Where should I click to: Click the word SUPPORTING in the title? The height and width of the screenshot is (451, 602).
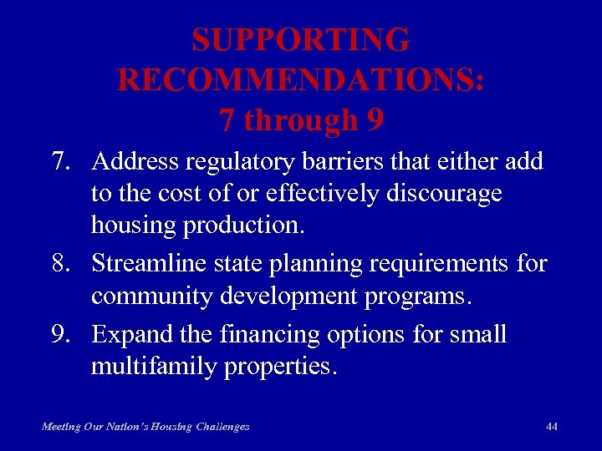pos(300,40)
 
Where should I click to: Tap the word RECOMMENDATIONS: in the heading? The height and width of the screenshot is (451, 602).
pos(300,80)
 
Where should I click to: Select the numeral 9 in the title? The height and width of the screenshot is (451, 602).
pos(375,121)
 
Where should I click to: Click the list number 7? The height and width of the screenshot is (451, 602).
pos(61,160)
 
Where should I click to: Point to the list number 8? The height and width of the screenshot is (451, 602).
pos(61,264)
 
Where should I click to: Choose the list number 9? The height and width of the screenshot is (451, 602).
pos(61,334)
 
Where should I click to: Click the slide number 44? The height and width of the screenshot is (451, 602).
pos(551,426)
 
